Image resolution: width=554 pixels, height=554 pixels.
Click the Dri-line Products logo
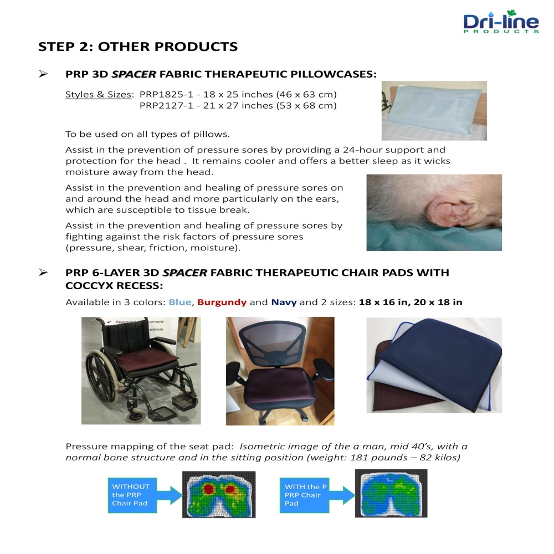501,22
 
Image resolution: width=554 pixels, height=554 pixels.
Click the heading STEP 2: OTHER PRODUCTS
138,47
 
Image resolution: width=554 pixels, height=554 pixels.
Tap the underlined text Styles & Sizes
98,95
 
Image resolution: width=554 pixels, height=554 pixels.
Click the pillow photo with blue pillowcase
434,111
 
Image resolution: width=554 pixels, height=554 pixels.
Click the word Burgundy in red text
222,302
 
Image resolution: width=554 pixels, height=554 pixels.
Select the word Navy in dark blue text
284,302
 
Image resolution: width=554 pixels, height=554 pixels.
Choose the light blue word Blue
180,302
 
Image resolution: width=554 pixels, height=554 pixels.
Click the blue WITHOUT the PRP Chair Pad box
132,495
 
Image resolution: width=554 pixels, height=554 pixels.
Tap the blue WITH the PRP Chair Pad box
304,495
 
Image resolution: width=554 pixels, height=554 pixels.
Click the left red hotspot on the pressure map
208,489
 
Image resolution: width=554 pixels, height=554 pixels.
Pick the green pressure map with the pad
391,493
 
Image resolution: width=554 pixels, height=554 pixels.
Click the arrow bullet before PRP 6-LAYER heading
43,273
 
